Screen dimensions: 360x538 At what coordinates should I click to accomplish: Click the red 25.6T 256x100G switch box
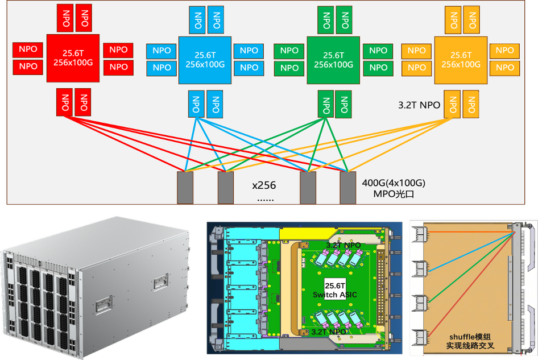[x=73, y=58]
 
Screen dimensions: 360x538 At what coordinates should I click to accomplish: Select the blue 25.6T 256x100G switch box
[x=205, y=60]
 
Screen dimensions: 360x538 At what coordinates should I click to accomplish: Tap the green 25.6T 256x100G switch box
[x=333, y=60]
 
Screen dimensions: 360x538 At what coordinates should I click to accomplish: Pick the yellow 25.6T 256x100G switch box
[x=461, y=60]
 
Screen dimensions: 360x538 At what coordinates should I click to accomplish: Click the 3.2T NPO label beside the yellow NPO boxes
[x=420, y=105]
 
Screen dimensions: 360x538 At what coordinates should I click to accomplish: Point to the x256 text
[x=263, y=185]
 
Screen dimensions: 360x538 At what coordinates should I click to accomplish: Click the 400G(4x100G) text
[x=394, y=184]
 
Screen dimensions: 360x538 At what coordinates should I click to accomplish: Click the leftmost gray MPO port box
[x=185, y=187]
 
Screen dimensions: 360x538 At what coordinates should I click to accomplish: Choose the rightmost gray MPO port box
[x=347, y=187]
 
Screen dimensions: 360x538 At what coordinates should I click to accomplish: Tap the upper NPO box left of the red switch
[x=28, y=49]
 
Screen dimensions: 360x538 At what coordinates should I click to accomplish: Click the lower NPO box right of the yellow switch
[x=504, y=67]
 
